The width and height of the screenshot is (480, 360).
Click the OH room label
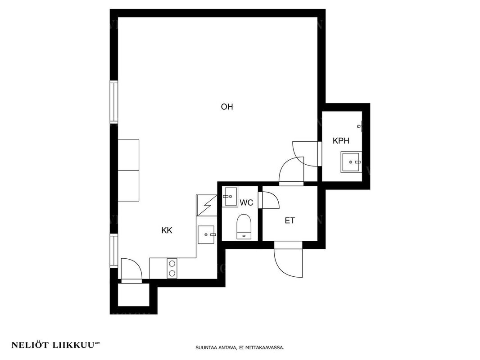(x=227, y=107)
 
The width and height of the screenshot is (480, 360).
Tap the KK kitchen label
(x=167, y=230)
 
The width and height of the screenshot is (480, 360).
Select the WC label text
(x=246, y=202)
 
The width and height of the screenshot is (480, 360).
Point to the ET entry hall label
(x=290, y=220)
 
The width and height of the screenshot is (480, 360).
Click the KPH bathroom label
(x=341, y=141)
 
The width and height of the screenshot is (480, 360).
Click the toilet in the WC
(x=244, y=227)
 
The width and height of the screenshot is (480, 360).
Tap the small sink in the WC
(x=230, y=197)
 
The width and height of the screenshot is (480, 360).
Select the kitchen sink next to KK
(x=207, y=235)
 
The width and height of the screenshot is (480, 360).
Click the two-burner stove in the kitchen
(x=172, y=268)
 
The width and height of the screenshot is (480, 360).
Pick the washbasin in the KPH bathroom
(x=351, y=162)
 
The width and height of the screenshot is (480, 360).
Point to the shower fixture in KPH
(x=361, y=126)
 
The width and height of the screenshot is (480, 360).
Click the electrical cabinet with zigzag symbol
(x=207, y=205)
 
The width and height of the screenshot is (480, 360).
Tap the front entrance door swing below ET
(x=288, y=259)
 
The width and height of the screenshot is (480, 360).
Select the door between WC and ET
(x=269, y=200)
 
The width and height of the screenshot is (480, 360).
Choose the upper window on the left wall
(x=114, y=102)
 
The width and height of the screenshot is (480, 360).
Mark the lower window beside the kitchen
(x=114, y=251)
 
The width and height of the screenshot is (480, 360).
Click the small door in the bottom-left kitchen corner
(x=131, y=270)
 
